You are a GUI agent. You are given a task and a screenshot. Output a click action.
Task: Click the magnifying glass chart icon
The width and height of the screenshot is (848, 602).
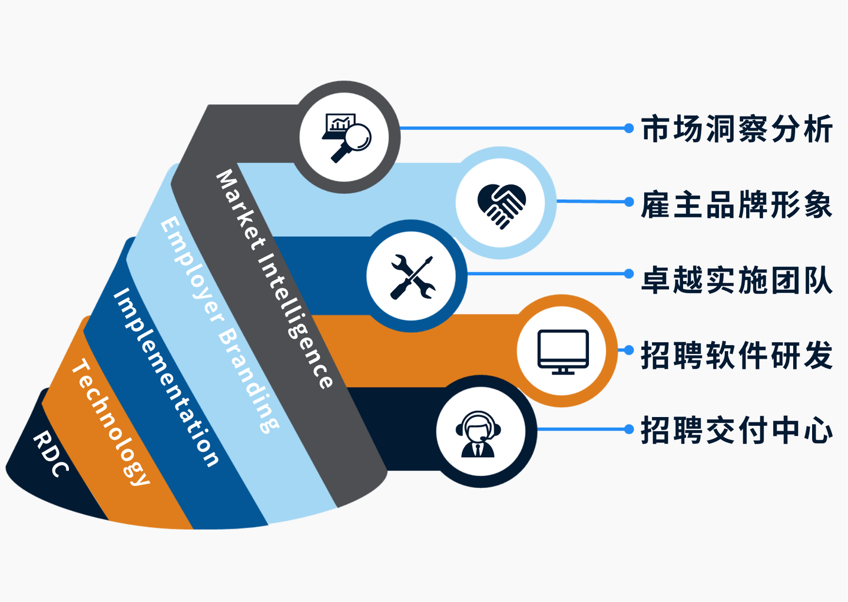(x=347, y=137)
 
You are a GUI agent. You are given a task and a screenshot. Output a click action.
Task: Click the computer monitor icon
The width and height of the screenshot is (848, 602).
(x=563, y=351)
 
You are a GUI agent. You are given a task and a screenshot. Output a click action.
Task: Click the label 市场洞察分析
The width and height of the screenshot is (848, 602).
(x=737, y=129)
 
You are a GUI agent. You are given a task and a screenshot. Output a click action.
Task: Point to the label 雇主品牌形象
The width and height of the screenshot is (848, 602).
(x=737, y=204)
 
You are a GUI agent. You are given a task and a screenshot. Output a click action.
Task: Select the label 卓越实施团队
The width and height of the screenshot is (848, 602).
(x=737, y=280)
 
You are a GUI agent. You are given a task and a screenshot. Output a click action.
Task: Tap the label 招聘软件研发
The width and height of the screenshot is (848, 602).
(x=737, y=355)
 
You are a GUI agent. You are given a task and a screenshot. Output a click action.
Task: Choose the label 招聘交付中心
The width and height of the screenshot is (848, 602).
(x=737, y=430)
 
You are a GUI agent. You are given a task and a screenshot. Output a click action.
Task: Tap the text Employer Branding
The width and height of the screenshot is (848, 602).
(x=219, y=325)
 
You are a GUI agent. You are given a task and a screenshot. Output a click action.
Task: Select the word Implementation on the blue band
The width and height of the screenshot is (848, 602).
(x=165, y=378)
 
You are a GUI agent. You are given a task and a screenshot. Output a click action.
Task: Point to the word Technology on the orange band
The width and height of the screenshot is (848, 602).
(x=110, y=422)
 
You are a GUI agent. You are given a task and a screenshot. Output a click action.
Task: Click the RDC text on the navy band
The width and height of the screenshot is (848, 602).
(x=51, y=454)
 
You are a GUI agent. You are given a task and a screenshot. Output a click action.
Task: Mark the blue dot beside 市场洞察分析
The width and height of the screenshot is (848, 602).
(x=629, y=128)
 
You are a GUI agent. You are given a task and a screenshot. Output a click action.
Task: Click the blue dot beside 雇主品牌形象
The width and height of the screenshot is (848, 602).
(x=629, y=202)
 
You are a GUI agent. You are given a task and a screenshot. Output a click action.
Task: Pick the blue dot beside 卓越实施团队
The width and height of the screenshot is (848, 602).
(x=629, y=274)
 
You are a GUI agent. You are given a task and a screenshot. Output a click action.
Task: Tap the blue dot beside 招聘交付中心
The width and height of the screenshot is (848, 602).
(x=629, y=429)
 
